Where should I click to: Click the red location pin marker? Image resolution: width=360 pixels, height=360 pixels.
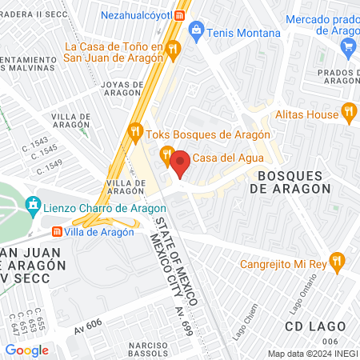tap(180, 163)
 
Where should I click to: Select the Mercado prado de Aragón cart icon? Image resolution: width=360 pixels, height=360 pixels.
tap(347, 47)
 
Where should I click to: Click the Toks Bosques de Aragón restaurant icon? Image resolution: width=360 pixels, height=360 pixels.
tap(135, 130)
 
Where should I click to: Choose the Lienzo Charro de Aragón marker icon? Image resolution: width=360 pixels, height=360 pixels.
tap(33, 206)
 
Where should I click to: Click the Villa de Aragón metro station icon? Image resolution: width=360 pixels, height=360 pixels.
tap(56, 231)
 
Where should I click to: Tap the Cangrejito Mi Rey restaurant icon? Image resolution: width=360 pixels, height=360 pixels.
tap(338, 260)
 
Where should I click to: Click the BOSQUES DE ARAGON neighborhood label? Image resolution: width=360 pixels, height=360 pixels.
tap(290, 182)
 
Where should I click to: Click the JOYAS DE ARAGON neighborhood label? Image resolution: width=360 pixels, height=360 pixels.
tap(122, 89)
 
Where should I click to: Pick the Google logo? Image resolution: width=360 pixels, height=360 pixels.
tap(26, 350)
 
